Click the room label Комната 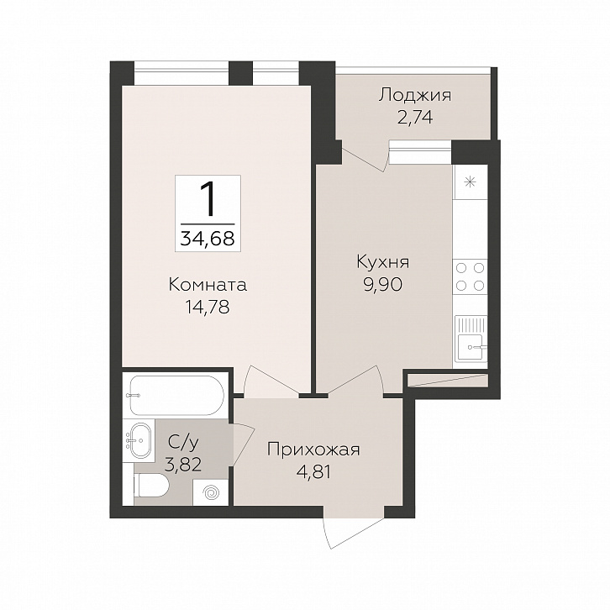point(208,285)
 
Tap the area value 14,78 point(208,308)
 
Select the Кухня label point(383,262)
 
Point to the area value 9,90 point(383,285)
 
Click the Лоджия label point(415,96)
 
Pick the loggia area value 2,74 point(415,117)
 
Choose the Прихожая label point(314,450)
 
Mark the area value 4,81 point(313,472)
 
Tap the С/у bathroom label point(183,442)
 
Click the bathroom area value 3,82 point(183,464)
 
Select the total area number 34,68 point(208,238)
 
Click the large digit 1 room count point(208,199)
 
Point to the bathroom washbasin point(139,440)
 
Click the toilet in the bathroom point(151,486)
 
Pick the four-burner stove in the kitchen point(471,277)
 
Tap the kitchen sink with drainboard point(471,337)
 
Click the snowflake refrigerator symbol point(471,181)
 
